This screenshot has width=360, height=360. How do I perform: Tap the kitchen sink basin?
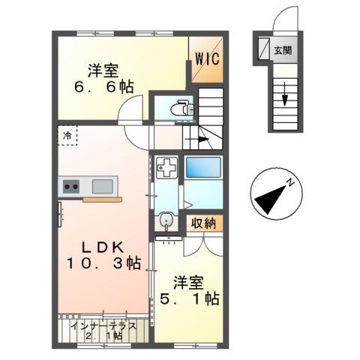click(103, 185)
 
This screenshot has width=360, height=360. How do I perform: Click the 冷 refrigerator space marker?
click(67, 136)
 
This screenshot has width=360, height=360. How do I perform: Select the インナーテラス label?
click(102, 326)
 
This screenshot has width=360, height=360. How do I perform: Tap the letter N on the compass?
click(293, 182)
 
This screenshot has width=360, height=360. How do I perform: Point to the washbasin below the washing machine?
click(166, 220)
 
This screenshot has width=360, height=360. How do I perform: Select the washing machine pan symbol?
click(167, 166)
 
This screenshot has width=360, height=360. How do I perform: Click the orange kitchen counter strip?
click(101, 199)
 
